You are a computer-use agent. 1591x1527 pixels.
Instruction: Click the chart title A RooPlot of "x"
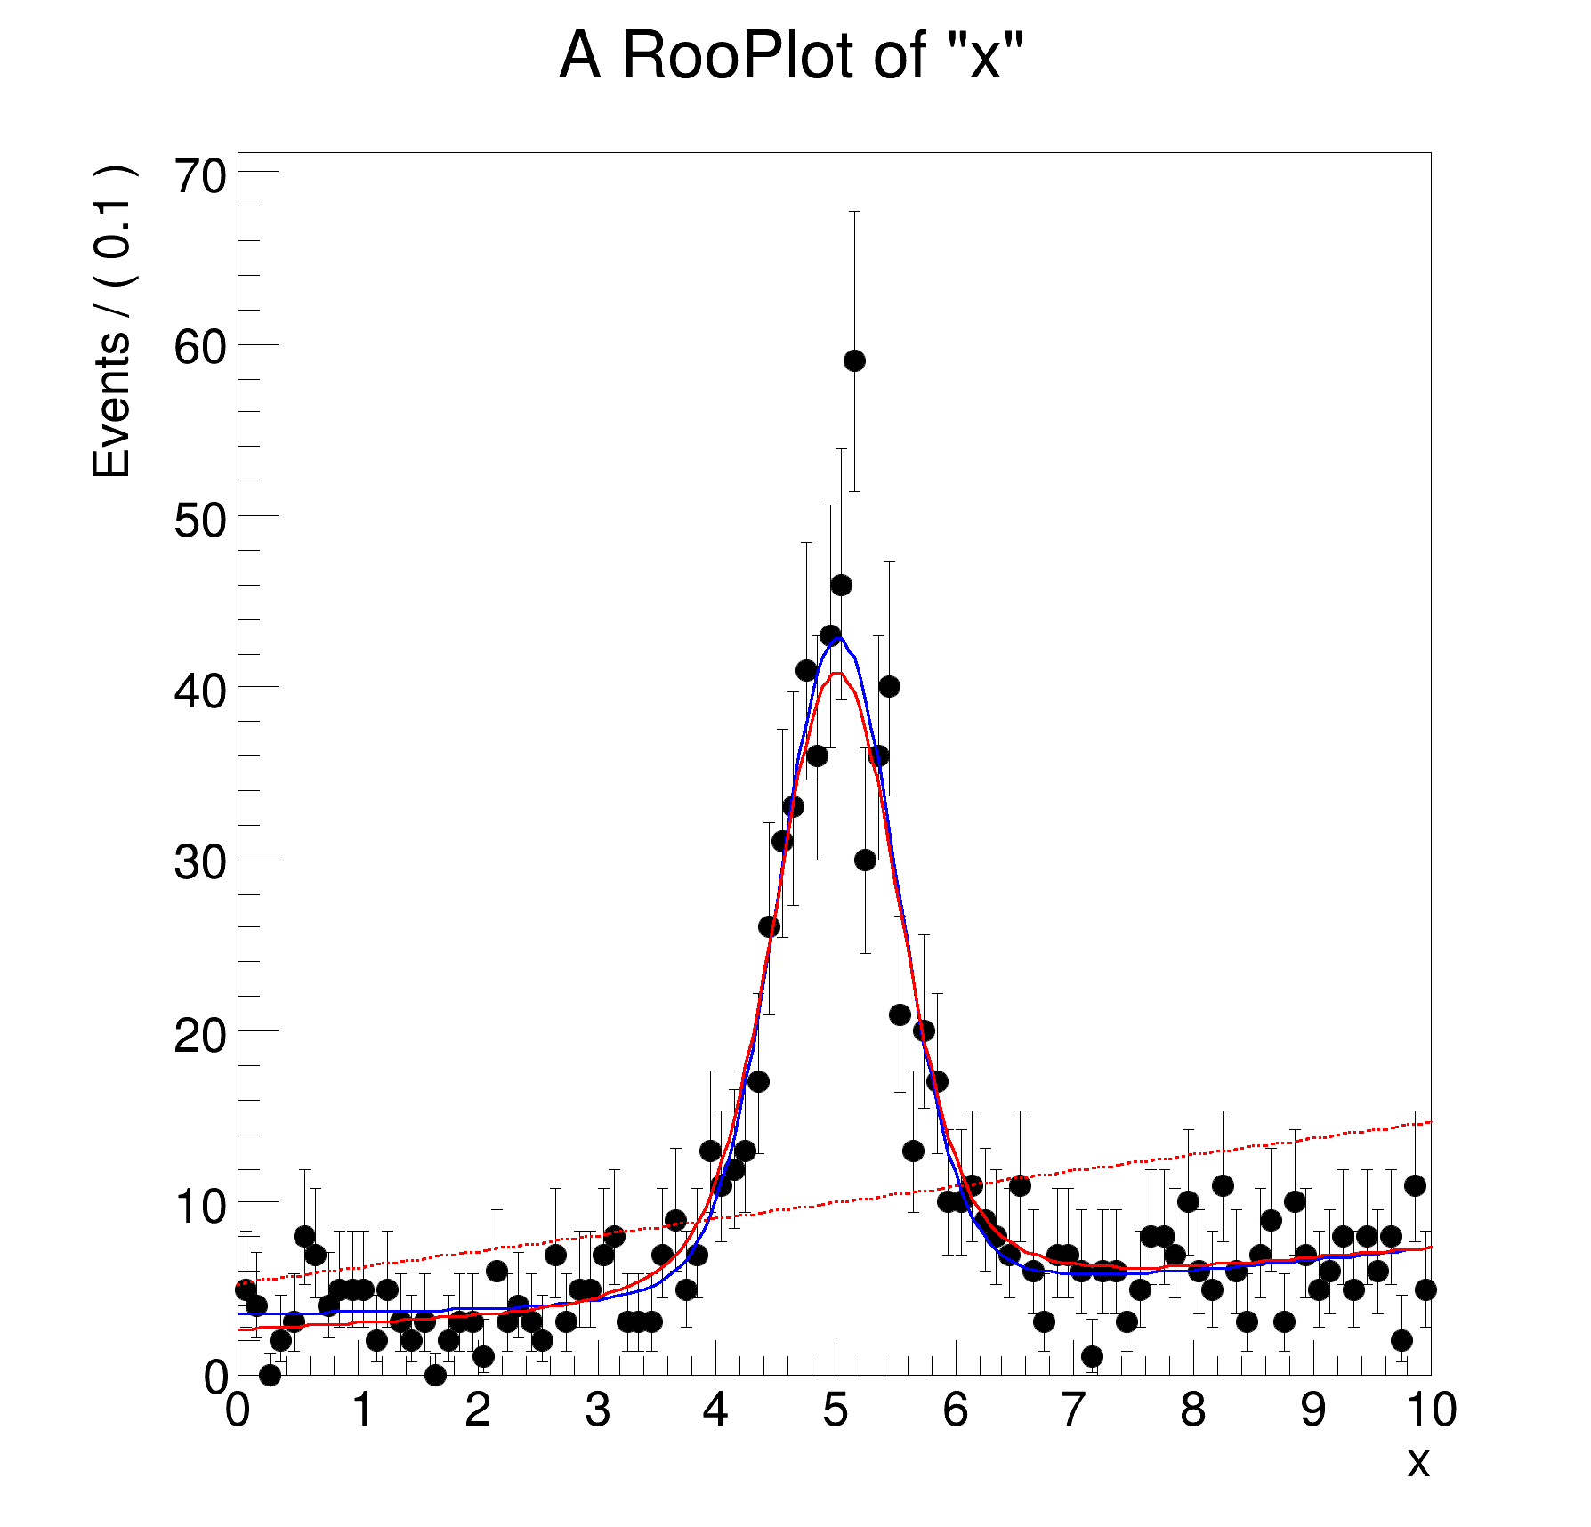pos(791,56)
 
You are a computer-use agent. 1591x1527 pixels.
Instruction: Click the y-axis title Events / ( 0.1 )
pos(112,322)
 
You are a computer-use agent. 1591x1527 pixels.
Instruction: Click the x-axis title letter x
pos(1417,1461)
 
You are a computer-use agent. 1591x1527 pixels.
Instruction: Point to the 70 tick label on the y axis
pos(200,175)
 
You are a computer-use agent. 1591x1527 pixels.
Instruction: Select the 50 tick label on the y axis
pos(200,520)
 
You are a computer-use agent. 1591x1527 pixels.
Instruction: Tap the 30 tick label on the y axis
pos(200,862)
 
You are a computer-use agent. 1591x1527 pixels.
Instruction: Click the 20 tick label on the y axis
pos(200,1035)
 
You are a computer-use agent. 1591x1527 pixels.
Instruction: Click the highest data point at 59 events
pos(854,360)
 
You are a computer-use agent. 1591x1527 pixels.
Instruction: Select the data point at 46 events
pos(841,585)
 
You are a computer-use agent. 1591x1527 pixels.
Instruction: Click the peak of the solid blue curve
pos(837,638)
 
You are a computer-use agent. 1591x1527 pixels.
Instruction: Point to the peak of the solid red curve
pos(838,673)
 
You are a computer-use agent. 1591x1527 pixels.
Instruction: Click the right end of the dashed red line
pos(1429,1122)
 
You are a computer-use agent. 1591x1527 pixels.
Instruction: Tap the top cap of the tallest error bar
pos(854,212)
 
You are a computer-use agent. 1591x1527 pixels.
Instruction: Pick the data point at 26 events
pos(769,926)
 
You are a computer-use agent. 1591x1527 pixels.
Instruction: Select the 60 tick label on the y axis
pos(200,348)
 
